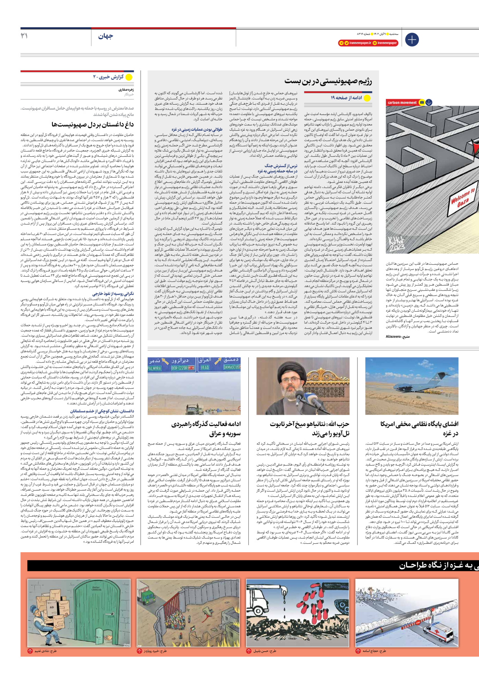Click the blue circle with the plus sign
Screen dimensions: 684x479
click(412, 39)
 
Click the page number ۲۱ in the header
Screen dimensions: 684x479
click(24, 36)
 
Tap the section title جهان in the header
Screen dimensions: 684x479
click(105, 36)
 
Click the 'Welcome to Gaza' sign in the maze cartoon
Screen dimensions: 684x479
click(463, 198)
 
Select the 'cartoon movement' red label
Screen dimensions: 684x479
click(402, 103)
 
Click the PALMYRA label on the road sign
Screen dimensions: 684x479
click(154, 368)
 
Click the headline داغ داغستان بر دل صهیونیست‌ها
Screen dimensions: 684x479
click(92, 124)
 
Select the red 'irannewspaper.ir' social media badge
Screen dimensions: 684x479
click(355, 43)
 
